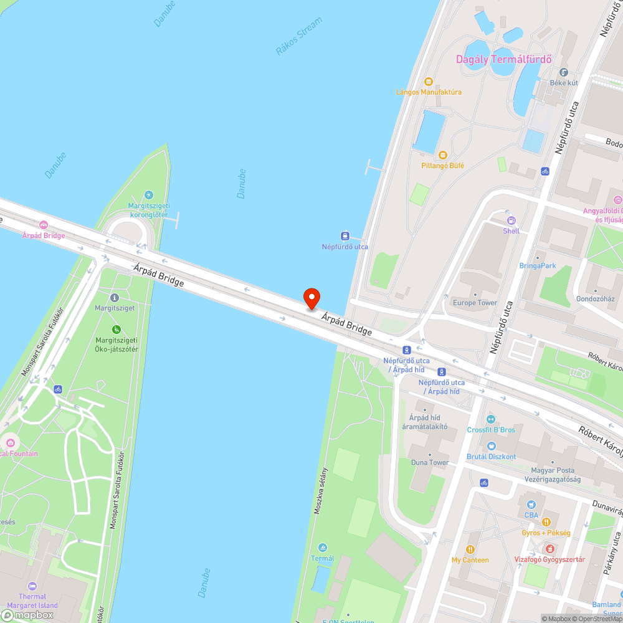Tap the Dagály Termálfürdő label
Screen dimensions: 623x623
tap(504, 60)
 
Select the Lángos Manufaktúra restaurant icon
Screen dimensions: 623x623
tap(428, 82)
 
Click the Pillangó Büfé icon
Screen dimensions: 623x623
tap(442, 155)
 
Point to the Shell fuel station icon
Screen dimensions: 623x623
tap(511, 220)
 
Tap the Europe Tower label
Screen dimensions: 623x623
tap(475, 303)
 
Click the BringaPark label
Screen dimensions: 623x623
tap(537, 265)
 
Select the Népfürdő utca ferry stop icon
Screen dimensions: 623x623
tap(344, 236)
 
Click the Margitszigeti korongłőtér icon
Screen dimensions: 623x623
tap(148, 195)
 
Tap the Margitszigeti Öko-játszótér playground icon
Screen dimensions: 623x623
tap(116, 329)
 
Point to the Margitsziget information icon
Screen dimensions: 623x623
tap(114, 298)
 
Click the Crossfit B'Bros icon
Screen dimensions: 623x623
tap(491, 419)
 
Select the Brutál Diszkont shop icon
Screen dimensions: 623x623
tap(491, 446)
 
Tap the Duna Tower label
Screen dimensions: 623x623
tap(429, 462)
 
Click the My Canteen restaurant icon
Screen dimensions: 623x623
tap(470, 549)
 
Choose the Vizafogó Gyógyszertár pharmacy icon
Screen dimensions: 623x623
tap(549, 548)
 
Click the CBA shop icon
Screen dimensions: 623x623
tap(531, 505)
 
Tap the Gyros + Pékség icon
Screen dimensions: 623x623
tap(546, 522)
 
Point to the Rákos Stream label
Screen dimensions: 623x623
tap(299, 36)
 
